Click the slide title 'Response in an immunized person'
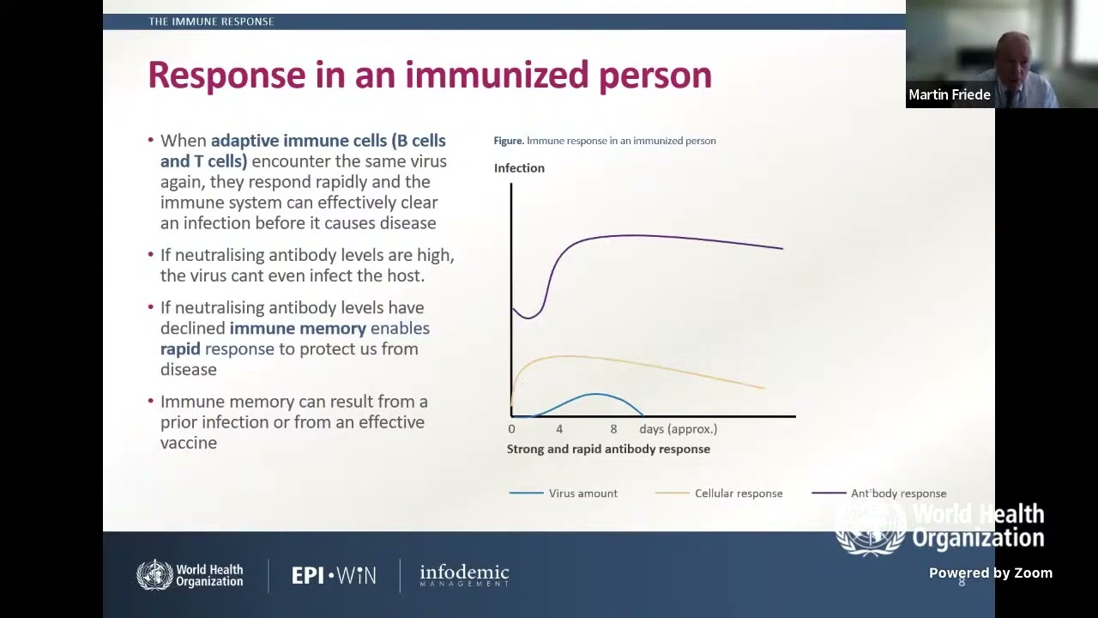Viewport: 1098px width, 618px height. point(429,76)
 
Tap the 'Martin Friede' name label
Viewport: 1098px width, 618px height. point(949,95)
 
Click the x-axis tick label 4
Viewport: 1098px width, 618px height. point(559,429)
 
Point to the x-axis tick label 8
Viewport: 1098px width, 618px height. point(613,429)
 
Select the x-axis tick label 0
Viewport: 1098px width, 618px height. point(511,429)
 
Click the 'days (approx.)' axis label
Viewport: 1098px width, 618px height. point(678,429)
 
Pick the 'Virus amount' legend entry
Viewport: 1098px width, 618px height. point(582,494)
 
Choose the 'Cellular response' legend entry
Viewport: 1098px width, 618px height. point(738,494)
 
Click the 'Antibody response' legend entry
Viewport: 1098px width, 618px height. point(898,494)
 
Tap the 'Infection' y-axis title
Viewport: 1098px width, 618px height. point(519,168)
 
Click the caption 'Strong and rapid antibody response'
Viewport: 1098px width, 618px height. point(608,449)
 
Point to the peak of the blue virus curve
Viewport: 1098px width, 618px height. point(595,394)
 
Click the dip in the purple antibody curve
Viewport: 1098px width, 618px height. point(529,318)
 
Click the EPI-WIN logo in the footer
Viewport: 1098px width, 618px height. point(334,575)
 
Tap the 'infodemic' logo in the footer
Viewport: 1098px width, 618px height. point(464,575)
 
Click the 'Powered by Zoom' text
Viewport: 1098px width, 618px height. point(990,573)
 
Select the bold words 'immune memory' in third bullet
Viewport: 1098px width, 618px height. point(298,328)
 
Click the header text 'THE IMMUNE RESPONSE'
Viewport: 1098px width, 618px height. point(211,21)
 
